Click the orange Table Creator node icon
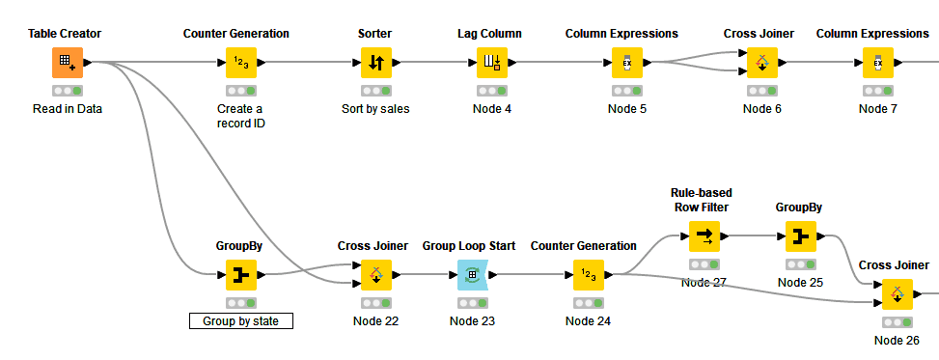point(67,63)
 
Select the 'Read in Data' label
point(67,108)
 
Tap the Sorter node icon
point(375,63)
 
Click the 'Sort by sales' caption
point(375,108)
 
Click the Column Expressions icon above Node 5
point(626,63)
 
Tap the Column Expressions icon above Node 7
point(877,63)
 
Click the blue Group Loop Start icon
point(472,275)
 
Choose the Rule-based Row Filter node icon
point(704,235)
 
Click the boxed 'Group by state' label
point(240,320)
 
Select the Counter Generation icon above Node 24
point(588,275)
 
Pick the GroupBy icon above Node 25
point(800,235)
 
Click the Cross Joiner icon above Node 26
point(897,293)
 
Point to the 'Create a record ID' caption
point(240,115)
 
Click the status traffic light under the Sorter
point(375,90)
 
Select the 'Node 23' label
point(472,320)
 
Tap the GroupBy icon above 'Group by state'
point(240,275)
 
